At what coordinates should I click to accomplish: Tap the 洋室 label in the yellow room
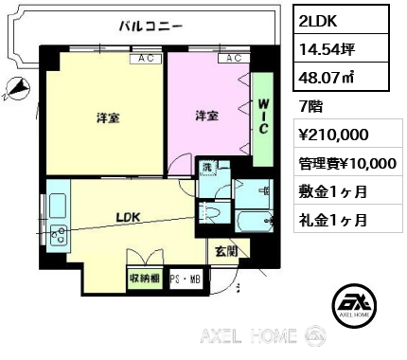tap(106, 118)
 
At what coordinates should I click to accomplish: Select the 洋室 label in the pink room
tap(205, 117)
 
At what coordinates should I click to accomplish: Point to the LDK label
tap(128, 217)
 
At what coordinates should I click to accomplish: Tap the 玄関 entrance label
tap(224, 250)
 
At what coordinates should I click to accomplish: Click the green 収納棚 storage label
tap(145, 279)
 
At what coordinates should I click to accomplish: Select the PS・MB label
tap(186, 280)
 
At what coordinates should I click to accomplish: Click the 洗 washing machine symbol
tap(207, 169)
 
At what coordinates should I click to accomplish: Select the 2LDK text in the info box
tap(319, 19)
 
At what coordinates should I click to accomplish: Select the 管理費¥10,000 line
tap(346, 163)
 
